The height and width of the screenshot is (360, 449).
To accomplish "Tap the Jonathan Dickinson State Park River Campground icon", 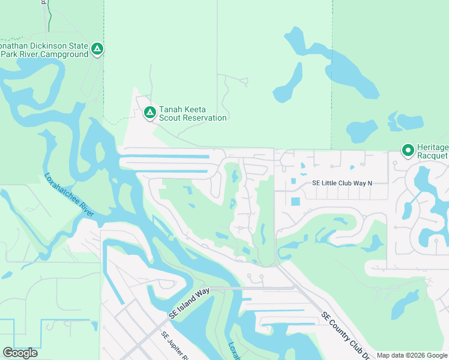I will pyautogui.click(x=97, y=49).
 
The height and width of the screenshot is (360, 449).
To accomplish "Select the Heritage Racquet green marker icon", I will pyautogui.click(x=408, y=149).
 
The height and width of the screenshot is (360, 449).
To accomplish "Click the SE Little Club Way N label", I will pyautogui.click(x=342, y=182).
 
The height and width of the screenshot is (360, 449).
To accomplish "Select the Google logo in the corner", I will pyautogui.click(x=20, y=353).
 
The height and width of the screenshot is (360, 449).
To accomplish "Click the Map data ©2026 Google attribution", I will pyautogui.click(x=412, y=355).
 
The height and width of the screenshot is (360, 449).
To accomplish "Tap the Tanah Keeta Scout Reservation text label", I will pyautogui.click(x=193, y=114).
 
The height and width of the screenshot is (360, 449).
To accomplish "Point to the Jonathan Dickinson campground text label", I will pyautogui.click(x=44, y=49).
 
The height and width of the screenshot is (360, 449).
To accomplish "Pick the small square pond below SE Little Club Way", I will pyautogui.click(x=295, y=201).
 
